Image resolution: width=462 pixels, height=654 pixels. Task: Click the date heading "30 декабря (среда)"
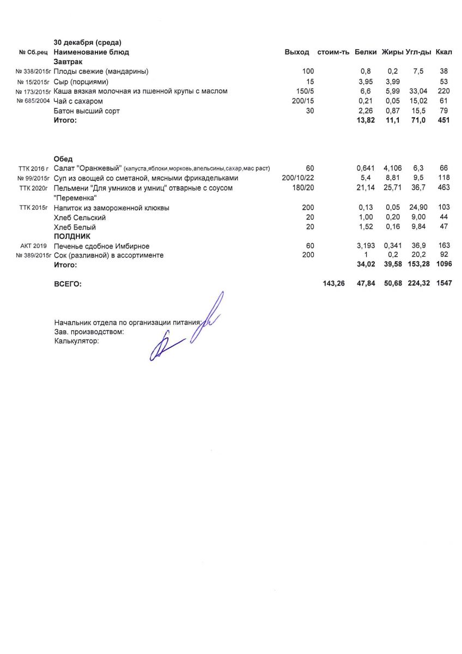(88, 43)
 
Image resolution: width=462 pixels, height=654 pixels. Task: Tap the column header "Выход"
(297, 52)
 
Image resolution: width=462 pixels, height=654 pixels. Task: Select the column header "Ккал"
(444, 52)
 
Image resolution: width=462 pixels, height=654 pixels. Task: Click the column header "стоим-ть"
(333, 52)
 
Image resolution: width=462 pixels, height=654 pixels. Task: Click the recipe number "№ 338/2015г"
(33, 72)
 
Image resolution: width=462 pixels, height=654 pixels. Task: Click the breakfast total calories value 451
(443, 120)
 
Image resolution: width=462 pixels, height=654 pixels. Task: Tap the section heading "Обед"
(63, 159)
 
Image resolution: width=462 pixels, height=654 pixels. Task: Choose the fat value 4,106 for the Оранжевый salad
(392, 168)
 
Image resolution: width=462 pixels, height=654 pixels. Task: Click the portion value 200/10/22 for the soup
(298, 178)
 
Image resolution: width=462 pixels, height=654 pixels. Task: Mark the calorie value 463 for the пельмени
(443, 188)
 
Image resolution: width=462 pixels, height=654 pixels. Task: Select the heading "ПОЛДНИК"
(71, 237)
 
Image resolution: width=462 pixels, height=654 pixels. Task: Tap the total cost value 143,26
(333, 284)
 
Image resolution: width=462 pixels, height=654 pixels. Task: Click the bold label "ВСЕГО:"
(68, 284)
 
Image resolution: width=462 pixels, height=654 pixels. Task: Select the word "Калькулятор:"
(77, 341)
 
